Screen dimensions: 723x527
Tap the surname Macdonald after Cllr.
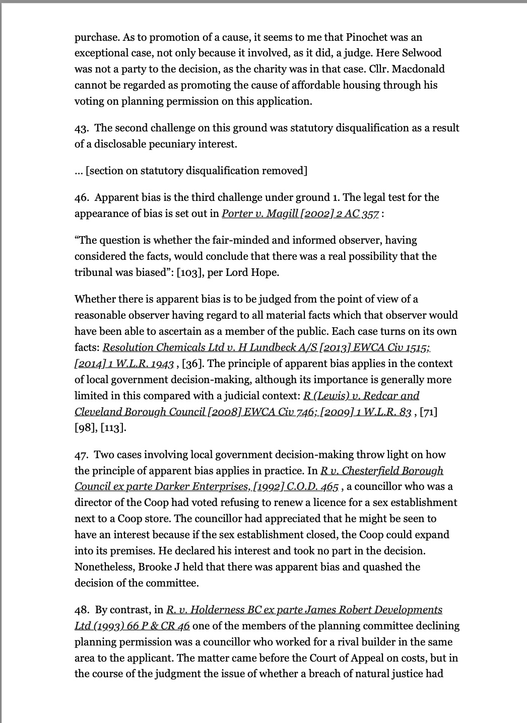tap(416, 69)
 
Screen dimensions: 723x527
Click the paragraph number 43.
tap(82, 128)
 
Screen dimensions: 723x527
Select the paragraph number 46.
tap(82, 197)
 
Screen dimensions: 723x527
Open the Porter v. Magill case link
tap(301, 213)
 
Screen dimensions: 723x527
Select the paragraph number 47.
tap(82, 455)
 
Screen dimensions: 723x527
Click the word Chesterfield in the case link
tap(393, 471)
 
